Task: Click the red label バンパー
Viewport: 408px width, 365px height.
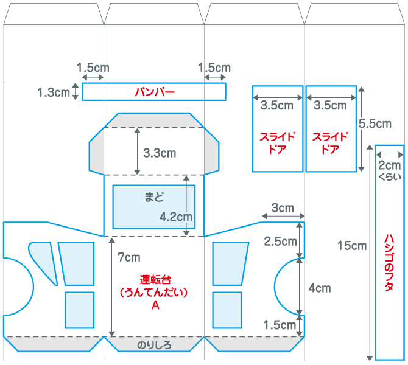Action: tap(155, 92)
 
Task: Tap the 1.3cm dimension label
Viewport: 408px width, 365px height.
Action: tap(53, 92)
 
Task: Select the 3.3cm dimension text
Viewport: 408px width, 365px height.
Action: tap(160, 153)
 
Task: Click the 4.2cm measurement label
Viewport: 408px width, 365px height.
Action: tap(176, 216)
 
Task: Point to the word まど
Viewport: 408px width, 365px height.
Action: tap(154, 197)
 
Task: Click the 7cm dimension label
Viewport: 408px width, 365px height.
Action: tap(129, 257)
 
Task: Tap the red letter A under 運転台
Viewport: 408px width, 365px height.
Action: tap(155, 306)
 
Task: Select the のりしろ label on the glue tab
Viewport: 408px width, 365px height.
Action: tap(154, 345)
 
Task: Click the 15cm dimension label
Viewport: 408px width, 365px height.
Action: tap(352, 246)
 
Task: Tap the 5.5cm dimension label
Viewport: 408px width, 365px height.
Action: tap(375, 123)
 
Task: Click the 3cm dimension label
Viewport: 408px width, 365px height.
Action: tap(283, 208)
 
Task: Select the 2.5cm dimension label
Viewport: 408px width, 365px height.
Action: tap(280, 241)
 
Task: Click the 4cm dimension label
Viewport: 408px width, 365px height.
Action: tap(320, 288)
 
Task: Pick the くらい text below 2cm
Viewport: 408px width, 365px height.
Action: tap(390, 177)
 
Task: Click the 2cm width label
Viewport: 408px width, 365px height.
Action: tap(390, 165)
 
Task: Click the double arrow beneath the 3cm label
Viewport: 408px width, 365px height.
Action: tap(283, 217)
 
